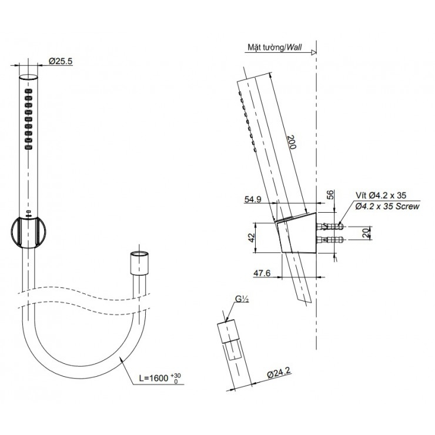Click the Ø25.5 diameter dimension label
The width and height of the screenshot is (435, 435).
coord(60,61)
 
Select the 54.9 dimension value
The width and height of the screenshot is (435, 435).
coord(254,200)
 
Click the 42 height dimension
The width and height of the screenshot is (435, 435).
coord(250,237)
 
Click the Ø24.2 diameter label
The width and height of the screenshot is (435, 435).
coord(279,373)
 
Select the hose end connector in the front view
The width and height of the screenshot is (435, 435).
coord(138,262)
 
